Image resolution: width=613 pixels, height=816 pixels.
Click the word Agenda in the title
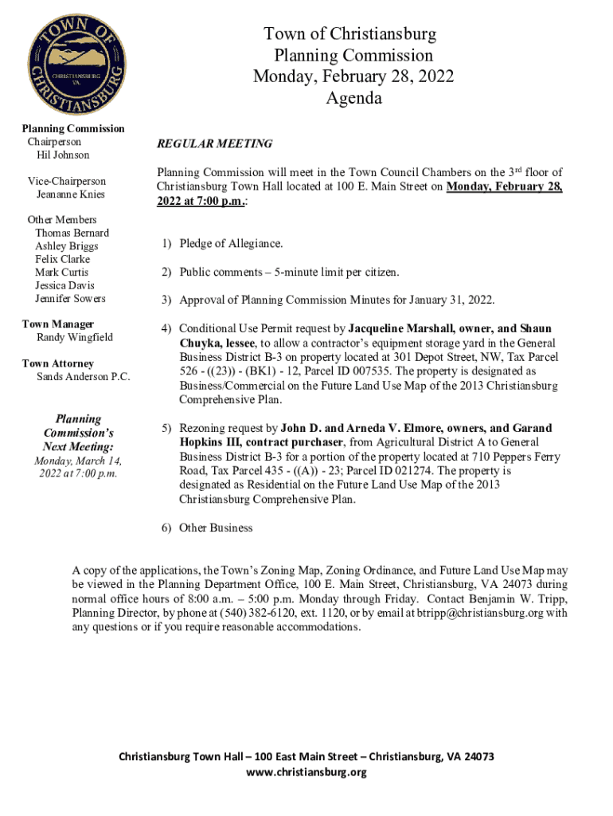click(353, 99)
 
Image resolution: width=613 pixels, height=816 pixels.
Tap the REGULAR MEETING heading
click(214, 144)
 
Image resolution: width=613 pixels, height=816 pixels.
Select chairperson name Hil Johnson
click(63, 155)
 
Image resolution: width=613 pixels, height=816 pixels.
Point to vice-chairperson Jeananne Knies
click(70, 194)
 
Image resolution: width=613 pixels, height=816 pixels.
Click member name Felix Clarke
click(62, 259)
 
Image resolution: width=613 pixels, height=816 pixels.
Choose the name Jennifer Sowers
click(70, 299)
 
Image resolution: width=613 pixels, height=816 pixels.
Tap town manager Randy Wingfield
click(75, 337)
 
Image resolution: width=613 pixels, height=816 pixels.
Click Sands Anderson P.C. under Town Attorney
click(84, 376)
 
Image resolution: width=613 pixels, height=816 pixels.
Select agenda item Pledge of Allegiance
click(231, 244)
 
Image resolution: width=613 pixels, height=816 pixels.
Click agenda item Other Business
click(216, 528)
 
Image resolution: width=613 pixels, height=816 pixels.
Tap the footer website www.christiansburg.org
click(306, 772)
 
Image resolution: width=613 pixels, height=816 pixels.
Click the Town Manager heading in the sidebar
click(58, 324)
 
